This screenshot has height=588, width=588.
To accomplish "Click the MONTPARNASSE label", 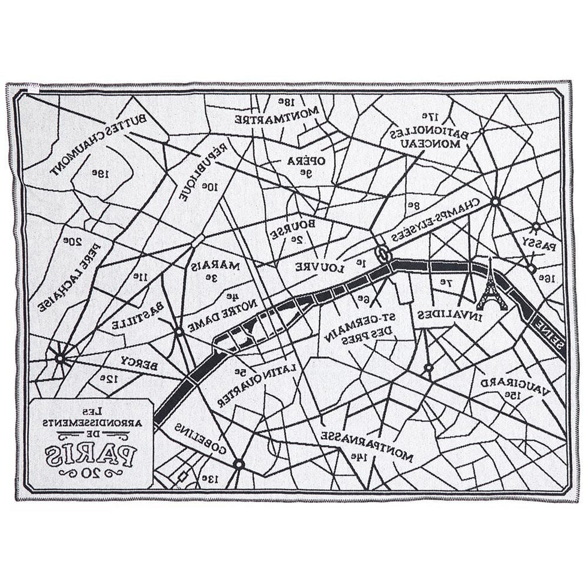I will click(367, 445).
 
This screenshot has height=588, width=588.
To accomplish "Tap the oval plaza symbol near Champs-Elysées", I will click(383, 254).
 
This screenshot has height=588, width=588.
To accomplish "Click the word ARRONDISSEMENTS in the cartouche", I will click(89, 422).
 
